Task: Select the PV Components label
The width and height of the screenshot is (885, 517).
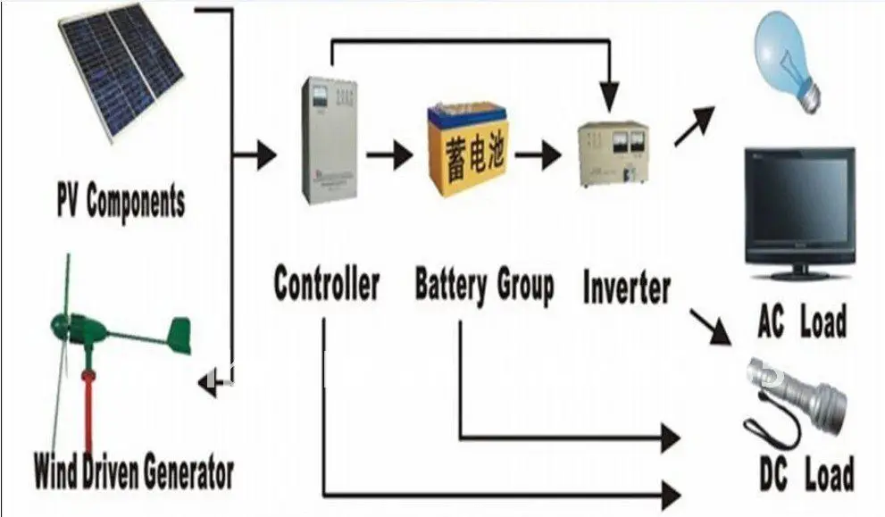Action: (x=121, y=201)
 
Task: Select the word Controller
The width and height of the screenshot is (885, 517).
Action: (x=326, y=285)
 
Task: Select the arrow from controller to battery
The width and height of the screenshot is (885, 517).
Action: (x=389, y=157)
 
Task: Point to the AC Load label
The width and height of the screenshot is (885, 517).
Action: (x=801, y=322)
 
